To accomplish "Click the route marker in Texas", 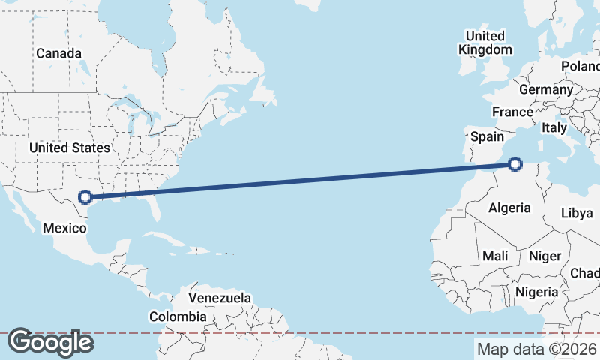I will pyautogui.click(x=85, y=197).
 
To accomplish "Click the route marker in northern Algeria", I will pyautogui.click(x=515, y=164).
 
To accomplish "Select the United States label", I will pyautogui.click(x=70, y=148).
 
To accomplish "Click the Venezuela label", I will pyautogui.click(x=220, y=298).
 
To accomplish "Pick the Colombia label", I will pyautogui.click(x=177, y=317).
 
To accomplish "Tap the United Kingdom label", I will pyautogui.click(x=485, y=43).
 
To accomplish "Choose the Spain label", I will pyautogui.click(x=487, y=136).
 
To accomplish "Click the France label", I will pyautogui.click(x=512, y=112).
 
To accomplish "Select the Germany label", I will pyautogui.click(x=545, y=89).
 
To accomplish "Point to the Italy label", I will pyautogui.click(x=554, y=128).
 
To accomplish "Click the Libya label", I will pyautogui.click(x=577, y=213).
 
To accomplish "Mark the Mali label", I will pyautogui.click(x=495, y=256).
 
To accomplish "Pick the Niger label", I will pyautogui.click(x=544, y=256).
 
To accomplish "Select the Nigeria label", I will pyautogui.click(x=537, y=292).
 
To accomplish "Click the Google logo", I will pyautogui.click(x=50, y=342).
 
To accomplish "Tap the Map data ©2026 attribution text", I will pyautogui.click(x=537, y=349).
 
